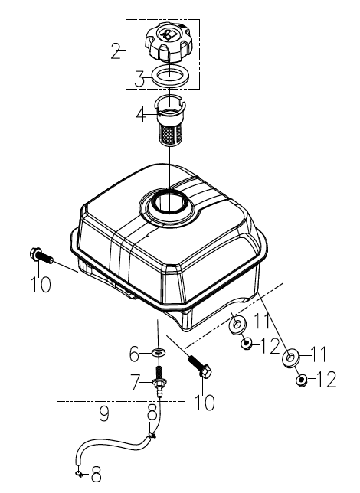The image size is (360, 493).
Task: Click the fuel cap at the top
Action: tap(167, 42)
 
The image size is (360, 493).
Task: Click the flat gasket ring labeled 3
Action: tap(170, 75)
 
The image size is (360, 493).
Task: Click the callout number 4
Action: tap(142, 115)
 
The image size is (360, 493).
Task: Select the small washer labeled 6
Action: tap(159, 352)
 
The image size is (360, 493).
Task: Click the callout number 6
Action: tap(135, 354)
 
